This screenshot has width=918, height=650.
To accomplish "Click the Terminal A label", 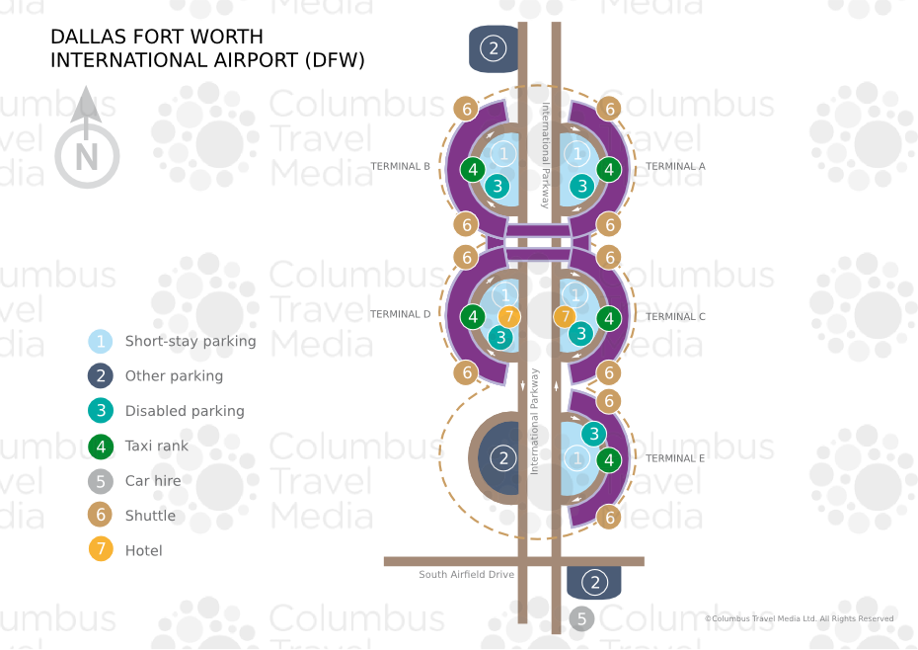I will (675, 167).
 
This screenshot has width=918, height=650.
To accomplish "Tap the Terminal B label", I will (400, 167).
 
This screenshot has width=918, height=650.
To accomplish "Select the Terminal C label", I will (675, 317).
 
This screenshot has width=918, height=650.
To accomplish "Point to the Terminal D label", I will (400, 315).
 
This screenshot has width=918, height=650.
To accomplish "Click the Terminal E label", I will (675, 459).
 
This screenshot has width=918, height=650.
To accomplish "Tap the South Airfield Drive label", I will (466, 575).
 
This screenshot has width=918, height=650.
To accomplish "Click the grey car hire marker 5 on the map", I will (581, 619).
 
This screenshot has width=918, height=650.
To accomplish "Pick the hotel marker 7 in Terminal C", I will (565, 317).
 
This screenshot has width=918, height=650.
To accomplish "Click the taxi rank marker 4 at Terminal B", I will (474, 170).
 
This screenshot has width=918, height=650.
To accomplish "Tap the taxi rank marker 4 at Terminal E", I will (609, 459).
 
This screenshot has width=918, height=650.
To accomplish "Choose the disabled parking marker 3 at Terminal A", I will (582, 185).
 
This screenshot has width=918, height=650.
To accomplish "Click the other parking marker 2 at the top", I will (494, 47).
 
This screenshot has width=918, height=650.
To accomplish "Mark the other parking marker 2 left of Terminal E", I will (503, 458).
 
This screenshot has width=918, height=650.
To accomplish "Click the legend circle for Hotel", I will (101, 550).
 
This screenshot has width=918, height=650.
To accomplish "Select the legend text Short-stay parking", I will (190, 342).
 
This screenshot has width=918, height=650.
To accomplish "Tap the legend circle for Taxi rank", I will (101, 447).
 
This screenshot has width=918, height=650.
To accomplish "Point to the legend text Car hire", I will (152, 481).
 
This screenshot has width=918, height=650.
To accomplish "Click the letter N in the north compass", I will (87, 157).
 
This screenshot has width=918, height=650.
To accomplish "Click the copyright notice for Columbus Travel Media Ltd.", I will (799, 619).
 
